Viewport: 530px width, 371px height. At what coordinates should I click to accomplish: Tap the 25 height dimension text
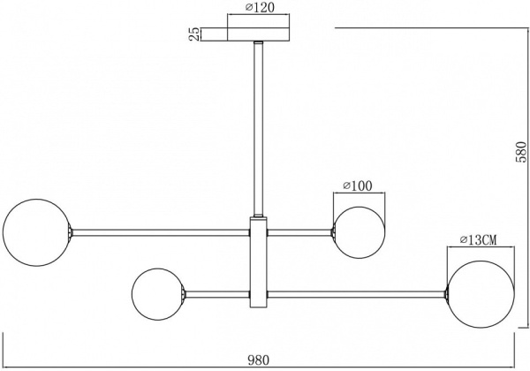click(x=192, y=34)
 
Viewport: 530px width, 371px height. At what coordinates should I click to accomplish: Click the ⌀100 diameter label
click(x=357, y=185)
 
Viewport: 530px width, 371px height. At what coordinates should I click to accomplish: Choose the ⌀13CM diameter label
click(x=478, y=239)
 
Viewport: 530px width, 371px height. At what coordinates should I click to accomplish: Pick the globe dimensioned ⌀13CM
click(x=481, y=292)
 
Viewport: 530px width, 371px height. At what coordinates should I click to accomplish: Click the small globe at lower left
click(x=157, y=292)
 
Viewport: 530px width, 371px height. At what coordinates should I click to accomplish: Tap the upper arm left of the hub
click(x=159, y=233)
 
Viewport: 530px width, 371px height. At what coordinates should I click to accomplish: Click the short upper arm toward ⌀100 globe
click(x=300, y=233)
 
